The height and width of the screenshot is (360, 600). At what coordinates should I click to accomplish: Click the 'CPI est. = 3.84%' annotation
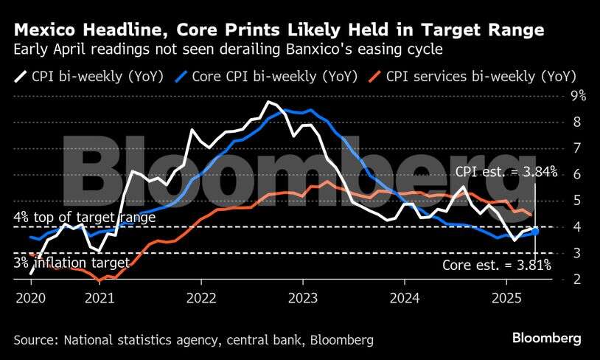pyautogui.click(x=506, y=172)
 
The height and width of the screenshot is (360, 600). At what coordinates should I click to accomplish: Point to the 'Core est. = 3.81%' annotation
pyautogui.click(x=499, y=266)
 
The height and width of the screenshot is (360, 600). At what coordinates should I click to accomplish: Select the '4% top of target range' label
pyautogui.click(x=85, y=218)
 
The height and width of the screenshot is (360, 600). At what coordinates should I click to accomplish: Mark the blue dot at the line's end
pyautogui.click(x=535, y=232)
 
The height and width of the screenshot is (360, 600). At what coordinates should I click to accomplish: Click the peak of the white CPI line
pyautogui.click(x=270, y=102)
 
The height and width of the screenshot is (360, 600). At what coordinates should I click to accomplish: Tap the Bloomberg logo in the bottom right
pyautogui.click(x=546, y=337)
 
